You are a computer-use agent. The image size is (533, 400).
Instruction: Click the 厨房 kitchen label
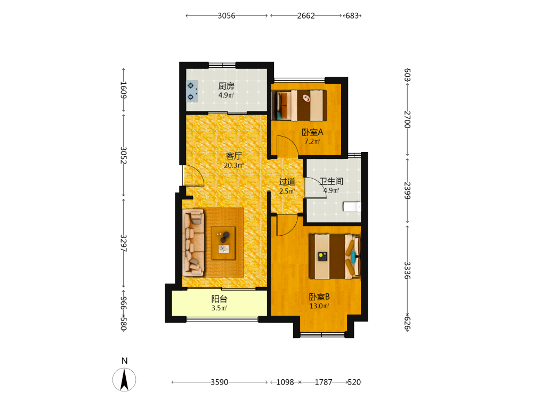(x=226, y=86)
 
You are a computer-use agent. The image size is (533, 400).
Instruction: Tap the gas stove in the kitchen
(x=192, y=91)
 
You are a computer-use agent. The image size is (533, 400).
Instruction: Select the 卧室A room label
(x=312, y=132)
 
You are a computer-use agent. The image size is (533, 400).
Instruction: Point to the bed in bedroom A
(x=300, y=105)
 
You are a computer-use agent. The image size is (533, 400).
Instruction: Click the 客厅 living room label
(x=234, y=156)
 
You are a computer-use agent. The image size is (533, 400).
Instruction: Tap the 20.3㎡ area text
(x=234, y=166)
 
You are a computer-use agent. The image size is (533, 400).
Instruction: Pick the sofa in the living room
(x=193, y=242)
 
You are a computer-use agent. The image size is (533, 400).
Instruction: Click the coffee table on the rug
(x=223, y=243)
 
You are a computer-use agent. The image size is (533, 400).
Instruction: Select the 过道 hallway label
(x=287, y=182)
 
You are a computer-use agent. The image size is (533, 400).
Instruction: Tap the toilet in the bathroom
(x=352, y=207)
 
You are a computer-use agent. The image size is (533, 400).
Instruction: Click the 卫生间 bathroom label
(x=331, y=181)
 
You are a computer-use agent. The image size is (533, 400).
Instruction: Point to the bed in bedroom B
(x=335, y=256)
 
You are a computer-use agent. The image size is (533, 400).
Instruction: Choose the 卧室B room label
(x=319, y=297)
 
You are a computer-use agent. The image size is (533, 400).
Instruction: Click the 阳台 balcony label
(x=219, y=299)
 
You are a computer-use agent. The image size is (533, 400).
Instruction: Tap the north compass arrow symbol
(x=124, y=380)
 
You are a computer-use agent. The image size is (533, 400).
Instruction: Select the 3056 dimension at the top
(x=227, y=15)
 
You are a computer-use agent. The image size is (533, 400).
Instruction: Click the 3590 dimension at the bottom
(x=219, y=382)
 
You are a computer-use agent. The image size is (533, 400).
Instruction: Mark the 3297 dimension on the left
(x=124, y=243)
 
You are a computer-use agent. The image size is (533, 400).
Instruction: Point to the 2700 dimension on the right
(x=407, y=119)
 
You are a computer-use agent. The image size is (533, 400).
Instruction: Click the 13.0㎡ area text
(x=319, y=306)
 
